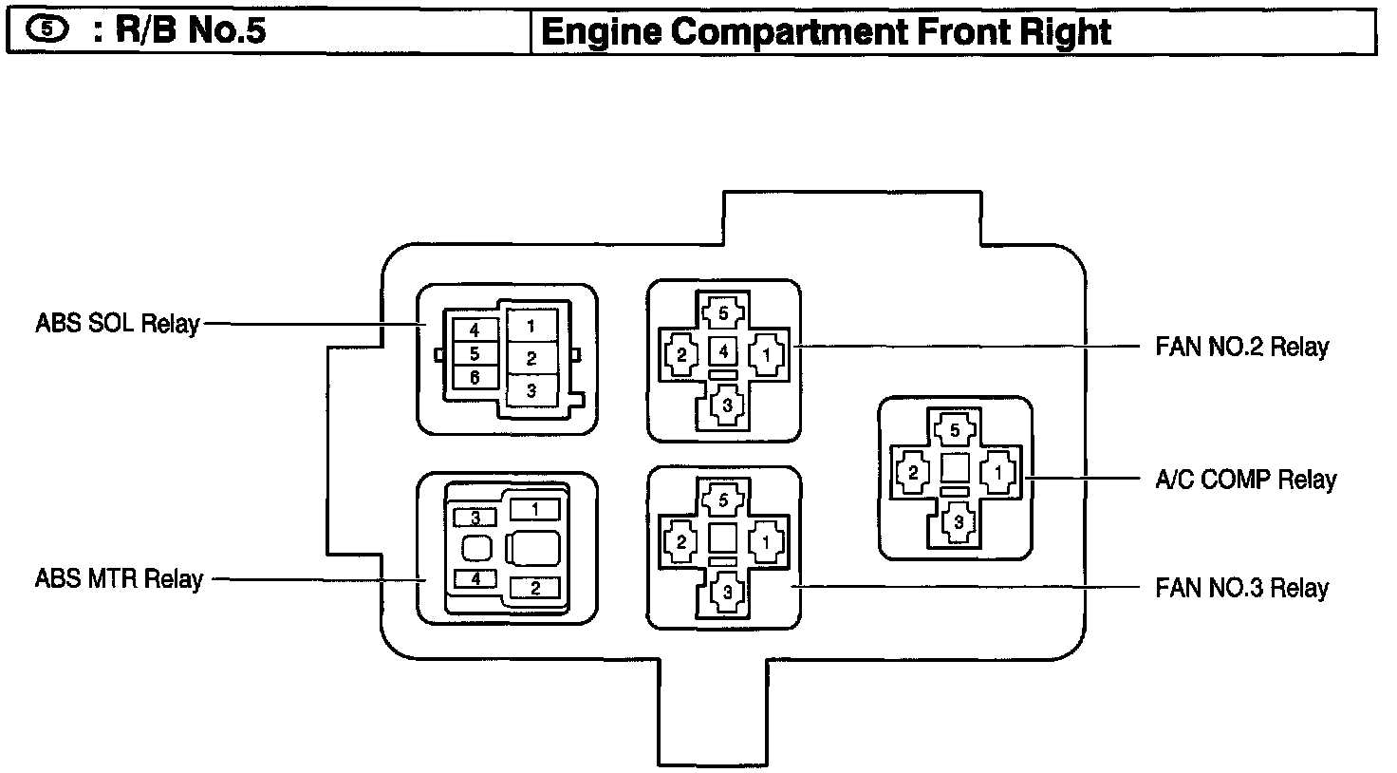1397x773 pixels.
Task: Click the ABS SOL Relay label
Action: [117, 323]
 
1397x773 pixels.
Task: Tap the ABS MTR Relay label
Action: [119, 578]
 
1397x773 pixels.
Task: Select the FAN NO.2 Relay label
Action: [1241, 347]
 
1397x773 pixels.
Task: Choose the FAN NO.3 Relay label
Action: [1241, 588]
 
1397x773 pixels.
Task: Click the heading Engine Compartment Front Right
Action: [825, 32]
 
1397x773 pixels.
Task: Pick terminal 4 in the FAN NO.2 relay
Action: [723, 351]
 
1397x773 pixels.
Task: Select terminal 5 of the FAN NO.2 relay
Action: [723, 312]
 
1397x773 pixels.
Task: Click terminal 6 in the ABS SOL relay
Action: [475, 377]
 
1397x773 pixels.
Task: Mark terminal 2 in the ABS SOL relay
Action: [531, 358]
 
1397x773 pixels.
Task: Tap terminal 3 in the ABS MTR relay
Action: [476, 518]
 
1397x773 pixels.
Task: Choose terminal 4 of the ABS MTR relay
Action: [476, 577]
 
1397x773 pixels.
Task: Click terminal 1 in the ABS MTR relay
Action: [534, 510]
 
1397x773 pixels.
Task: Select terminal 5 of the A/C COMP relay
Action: [956, 430]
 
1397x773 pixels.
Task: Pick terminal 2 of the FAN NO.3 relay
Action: [681, 542]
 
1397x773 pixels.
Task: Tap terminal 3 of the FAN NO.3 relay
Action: [726, 591]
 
